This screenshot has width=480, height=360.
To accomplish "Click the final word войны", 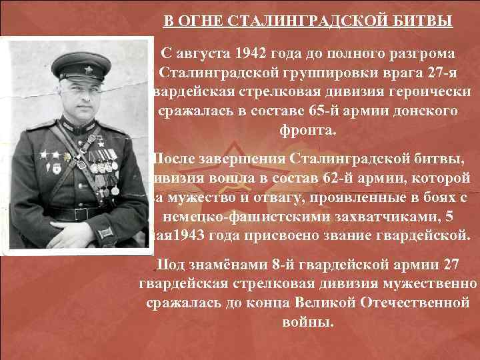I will pyautogui.click(x=308, y=323).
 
